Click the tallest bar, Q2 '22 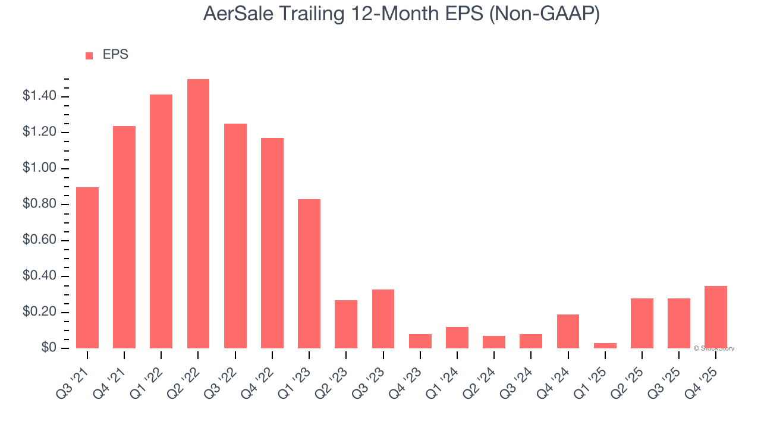coord(198,214)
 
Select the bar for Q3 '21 coord(87,267)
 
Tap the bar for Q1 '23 coord(309,273)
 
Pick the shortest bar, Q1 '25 coord(605,345)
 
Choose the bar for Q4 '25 coord(716,317)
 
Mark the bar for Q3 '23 coord(383,319)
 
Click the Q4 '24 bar coord(568,331)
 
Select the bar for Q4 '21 coord(124,237)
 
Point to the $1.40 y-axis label coord(39,96)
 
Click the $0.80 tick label coord(39,204)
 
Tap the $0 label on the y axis coord(49,348)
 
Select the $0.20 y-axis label coord(39,313)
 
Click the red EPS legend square coord(89,56)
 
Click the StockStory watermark coord(714,348)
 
